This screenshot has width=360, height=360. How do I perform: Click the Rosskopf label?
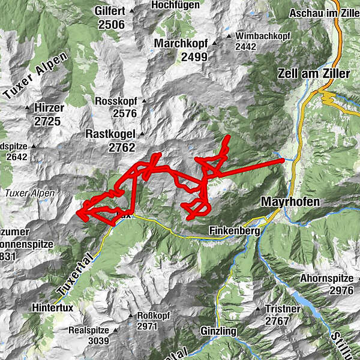(x=116, y=101)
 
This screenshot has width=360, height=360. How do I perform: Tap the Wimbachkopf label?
(x=263, y=36)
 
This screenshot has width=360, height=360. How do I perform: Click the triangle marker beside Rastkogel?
(x=142, y=134)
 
